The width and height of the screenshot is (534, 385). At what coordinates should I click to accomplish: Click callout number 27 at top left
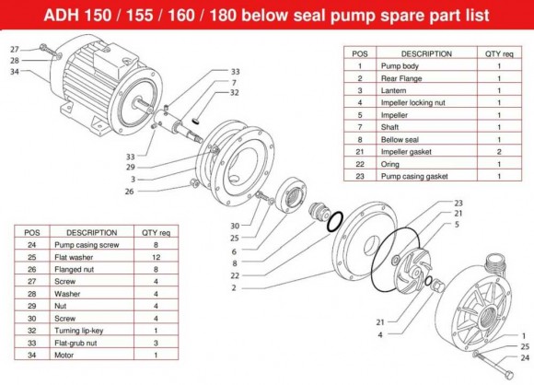click(14, 49)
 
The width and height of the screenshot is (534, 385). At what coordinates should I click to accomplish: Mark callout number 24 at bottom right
click(526, 358)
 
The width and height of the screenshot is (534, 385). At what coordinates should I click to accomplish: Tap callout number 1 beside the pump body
click(526, 334)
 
